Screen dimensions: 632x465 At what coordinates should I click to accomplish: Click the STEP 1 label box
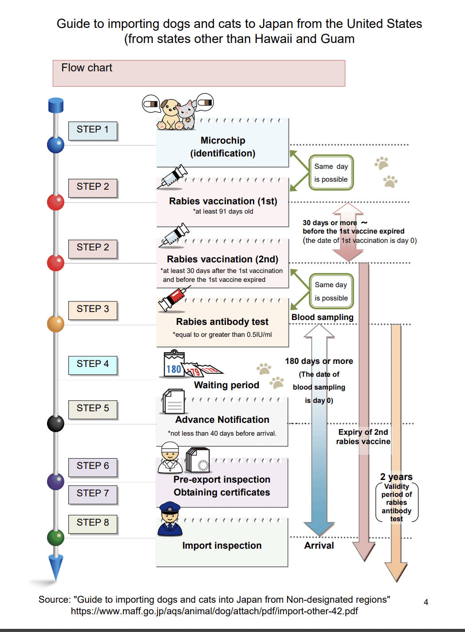[x=93, y=130]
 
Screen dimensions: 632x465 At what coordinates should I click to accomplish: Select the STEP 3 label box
[x=93, y=309]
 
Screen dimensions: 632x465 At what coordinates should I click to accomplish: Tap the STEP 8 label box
[x=93, y=523]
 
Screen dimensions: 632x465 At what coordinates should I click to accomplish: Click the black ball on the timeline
[x=56, y=423]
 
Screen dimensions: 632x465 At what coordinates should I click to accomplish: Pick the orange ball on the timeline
[x=56, y=324]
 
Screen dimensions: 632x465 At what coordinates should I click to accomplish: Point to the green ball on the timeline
[x=56, y=537]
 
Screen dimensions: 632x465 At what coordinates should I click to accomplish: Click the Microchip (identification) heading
[x=223, y=147]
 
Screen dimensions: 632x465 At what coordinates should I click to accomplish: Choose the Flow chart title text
[x=87, y=68]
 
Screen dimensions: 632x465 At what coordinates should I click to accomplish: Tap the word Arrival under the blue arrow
[x=319, y=546]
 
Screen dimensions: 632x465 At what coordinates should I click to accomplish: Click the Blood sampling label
[x=323, y=317]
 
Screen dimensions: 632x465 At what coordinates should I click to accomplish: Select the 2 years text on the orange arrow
[x=396, y=477]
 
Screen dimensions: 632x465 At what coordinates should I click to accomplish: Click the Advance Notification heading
[x=222, y=420]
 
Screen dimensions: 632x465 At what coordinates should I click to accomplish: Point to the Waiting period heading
[x=226, y=385]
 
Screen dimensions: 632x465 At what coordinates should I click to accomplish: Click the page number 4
[x=426, y=602]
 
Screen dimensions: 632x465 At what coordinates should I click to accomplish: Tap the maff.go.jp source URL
[x=214, y=611]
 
